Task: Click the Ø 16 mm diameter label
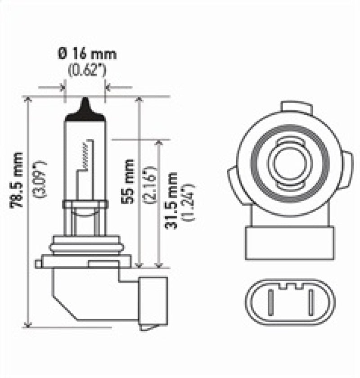[86, 55]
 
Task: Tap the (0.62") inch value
[86, 71]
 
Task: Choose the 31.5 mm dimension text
[171, 201]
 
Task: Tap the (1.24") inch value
[187, 202]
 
